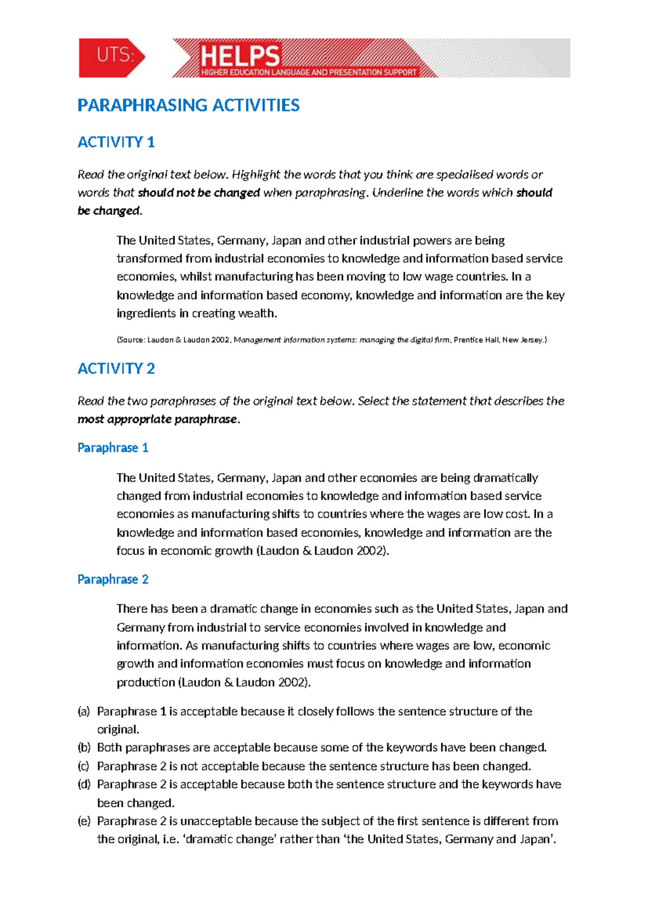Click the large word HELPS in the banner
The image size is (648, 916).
[x=240, y=56]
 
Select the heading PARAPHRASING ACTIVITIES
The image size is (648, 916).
[x=188, y=105]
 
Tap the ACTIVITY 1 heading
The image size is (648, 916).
[x=116, y=142]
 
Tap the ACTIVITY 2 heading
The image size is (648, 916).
[x=116, y=368]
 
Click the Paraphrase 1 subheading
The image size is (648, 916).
[x=113, y=448]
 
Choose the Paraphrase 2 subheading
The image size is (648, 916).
[x=113, y=580]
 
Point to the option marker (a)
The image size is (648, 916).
[x=84, y=711]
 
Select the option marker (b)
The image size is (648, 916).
[x=84, y=747]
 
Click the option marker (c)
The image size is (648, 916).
[x=84, y=766]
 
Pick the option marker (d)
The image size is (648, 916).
[x=84, y=784]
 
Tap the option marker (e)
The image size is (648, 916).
[x=84, y=821]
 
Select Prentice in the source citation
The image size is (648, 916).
[x=468, y=340]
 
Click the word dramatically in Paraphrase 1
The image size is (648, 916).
[x=505, y=478]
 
